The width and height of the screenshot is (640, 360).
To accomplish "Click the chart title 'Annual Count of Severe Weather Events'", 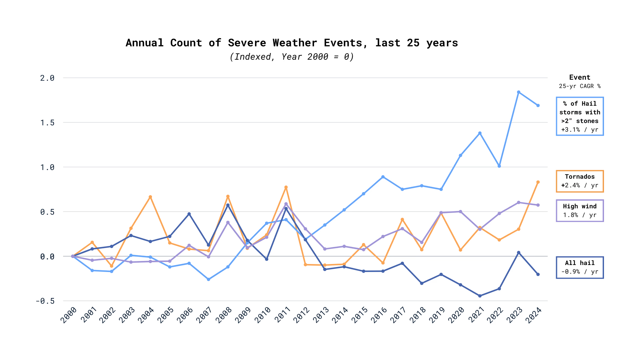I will click(x=292, y=43).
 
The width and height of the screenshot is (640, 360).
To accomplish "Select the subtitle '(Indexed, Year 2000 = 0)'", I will click(x=292, y=57).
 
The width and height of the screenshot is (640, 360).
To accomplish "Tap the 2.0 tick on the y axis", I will click(x=47, y=78).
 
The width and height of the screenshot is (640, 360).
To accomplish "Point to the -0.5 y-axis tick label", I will click(x=45, y=301).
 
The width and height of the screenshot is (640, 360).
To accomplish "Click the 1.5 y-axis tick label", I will click(x=47, y=123).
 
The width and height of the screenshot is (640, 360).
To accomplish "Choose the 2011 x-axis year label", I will click(x=282, y=315).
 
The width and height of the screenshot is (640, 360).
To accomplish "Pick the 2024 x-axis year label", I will click(x=533, y=315).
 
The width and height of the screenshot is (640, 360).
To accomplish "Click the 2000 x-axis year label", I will click(x=69, y=315).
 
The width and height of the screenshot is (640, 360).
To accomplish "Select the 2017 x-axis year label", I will click(x=398, y=315).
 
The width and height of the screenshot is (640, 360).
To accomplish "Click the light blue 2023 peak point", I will click(x=519, y=92).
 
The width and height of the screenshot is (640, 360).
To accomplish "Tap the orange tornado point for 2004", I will click(x=150, y=197).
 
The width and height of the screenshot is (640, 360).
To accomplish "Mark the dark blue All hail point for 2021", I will click(x=480, y=296).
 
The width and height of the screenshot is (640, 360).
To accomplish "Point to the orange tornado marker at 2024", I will click(x=538, y=182).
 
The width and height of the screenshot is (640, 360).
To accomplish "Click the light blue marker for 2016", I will click(x=383, y=177).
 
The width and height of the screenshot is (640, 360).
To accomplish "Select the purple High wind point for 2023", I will click(x=519, y=203).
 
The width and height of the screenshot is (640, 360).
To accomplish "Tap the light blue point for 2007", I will click(x=209, y=279).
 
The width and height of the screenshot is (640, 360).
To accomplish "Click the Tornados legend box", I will click(x=580, y=181).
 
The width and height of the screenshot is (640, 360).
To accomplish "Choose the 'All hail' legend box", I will click(x=580, y=267).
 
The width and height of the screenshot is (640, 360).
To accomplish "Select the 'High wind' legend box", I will click(x=580, y=211).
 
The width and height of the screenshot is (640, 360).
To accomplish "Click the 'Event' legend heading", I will click(x=580, y=77).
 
